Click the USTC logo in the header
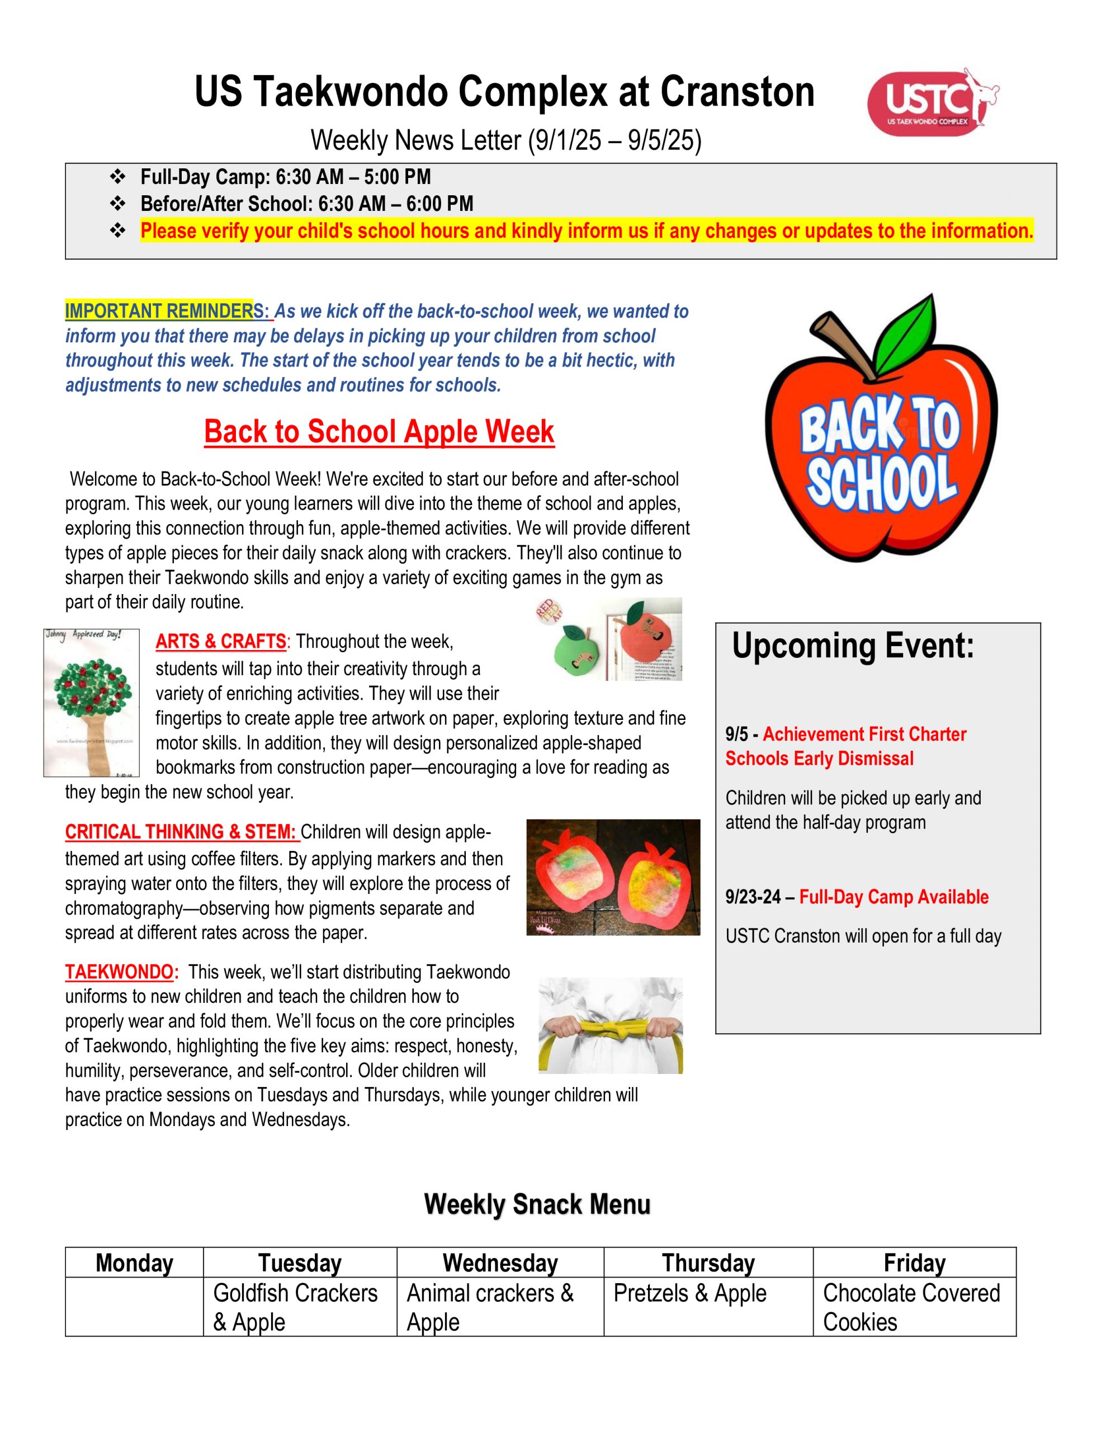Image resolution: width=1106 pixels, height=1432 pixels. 932,102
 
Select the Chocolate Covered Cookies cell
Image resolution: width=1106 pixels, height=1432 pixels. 914,1307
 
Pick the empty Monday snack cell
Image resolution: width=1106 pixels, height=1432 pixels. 134,1307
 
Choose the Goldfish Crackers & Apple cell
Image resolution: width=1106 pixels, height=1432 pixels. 299,1307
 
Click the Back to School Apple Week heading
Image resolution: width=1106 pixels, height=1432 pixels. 379,431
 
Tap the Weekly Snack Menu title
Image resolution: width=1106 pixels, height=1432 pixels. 537,1204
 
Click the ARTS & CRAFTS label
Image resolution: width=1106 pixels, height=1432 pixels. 220,641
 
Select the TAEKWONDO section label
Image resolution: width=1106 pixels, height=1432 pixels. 121,972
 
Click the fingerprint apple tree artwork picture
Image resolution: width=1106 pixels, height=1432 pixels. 92,702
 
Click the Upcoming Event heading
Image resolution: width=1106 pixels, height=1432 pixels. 852,646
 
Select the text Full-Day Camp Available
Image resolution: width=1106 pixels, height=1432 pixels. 894,897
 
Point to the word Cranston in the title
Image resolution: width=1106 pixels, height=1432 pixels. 737,92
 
